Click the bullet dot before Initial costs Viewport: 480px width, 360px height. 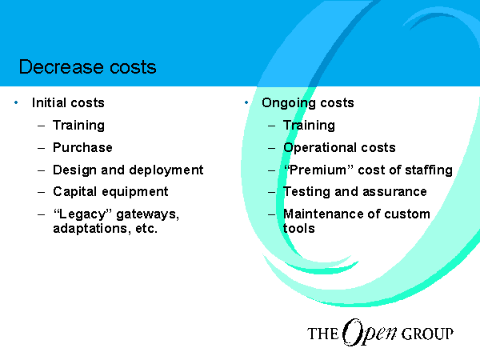click(16, 102)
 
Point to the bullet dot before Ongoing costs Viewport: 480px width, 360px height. click(246, 102)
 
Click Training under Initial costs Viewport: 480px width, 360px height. click(78, 126)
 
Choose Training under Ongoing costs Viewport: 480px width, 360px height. click(309, 126)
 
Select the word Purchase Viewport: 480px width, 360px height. click(82, 147)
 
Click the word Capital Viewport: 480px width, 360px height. click(75, 192)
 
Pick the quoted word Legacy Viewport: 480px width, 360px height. click(82, 214)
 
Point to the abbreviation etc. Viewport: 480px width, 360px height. click(146, 229)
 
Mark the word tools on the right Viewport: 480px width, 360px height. click(298, 229)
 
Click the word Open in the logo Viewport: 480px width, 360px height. click(369, 333)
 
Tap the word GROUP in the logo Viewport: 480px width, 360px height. click(427, 334)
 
